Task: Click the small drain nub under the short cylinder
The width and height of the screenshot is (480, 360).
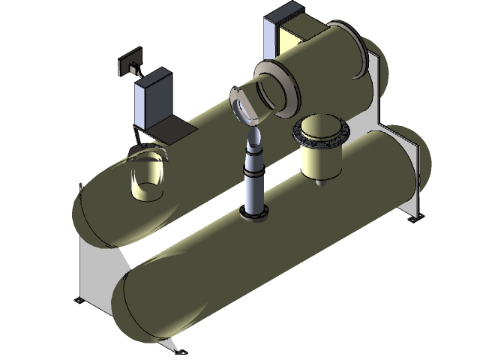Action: pyautogui.click(x=321, y=180)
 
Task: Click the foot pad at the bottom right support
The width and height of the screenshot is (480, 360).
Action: pyautogui.click(x=410, y=219)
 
